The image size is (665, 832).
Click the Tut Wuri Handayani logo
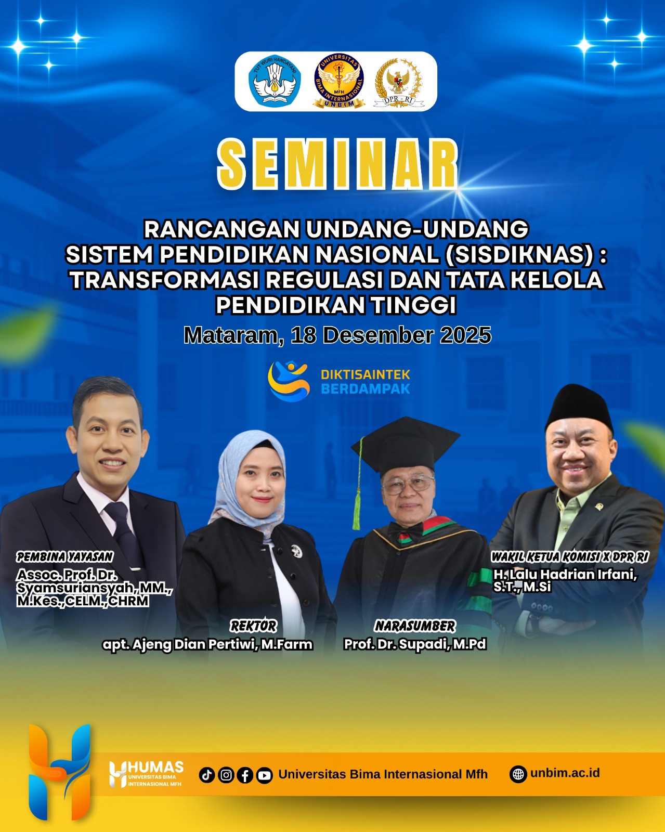pos(275,81)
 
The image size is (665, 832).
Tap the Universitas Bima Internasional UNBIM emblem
pos(338,81)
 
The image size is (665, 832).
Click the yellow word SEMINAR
pos(337,164)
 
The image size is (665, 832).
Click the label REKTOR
pos(254,626)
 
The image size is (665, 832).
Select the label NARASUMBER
pos(415,626)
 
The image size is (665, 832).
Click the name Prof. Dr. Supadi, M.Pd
pos(415,644)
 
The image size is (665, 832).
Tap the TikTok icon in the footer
pos(207,775)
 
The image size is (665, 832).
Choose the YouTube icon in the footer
pos(264,775)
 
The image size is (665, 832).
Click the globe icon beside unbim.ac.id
pos(518,774)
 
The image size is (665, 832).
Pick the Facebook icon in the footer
pos(245,775)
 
